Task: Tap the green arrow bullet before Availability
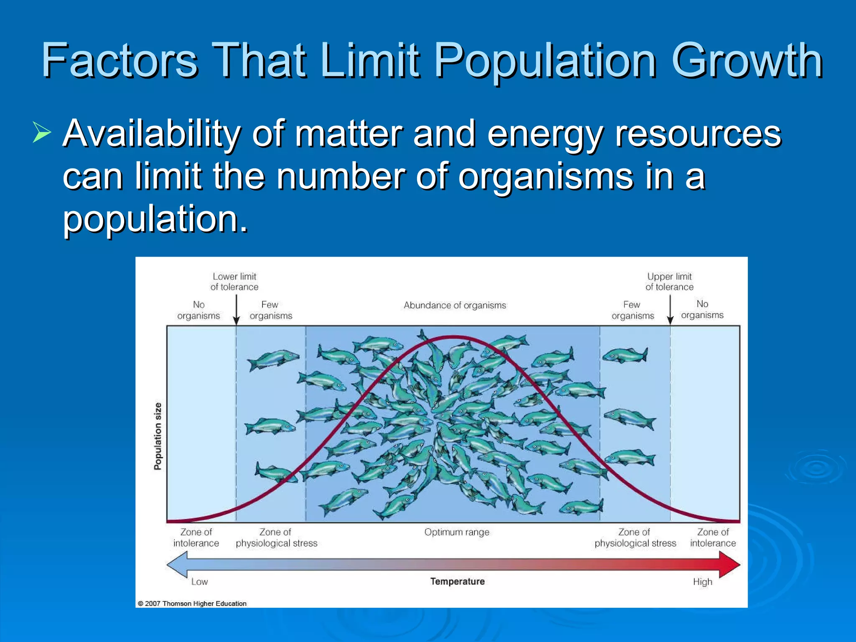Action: coord(42,133)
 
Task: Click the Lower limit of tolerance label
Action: coord(234,282)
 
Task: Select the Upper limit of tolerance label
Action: coord(669,282)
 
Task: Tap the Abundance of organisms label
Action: coord(455,306)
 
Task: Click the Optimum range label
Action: coord(456,532)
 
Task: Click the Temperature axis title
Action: coord(457,581)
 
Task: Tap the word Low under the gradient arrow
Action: coord(199,582)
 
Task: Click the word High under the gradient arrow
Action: coord(702,582)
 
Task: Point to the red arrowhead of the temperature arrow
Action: coord(729,565)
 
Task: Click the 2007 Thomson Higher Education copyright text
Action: coord(192,604)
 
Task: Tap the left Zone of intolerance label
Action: coord(196,538)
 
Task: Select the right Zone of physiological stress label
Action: coord(635,538)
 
